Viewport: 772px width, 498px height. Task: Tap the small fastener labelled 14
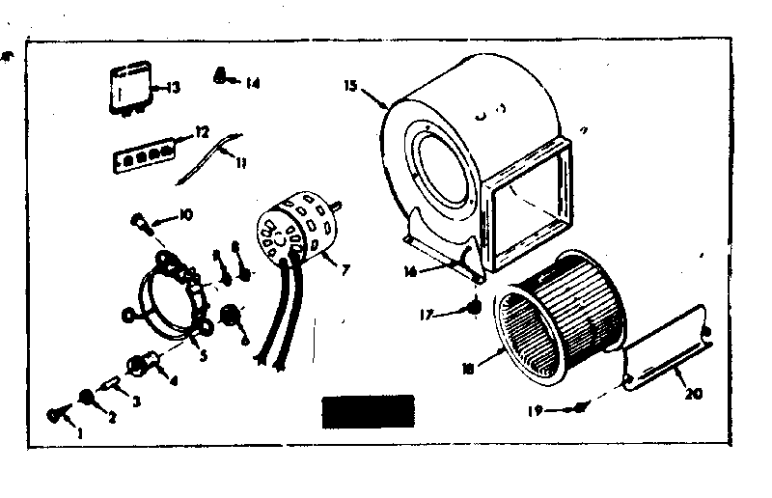point(221,75)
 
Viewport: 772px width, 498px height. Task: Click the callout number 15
point(351,87)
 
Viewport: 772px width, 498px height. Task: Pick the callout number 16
point(411,272)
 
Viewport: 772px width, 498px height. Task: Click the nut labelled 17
point(474,308)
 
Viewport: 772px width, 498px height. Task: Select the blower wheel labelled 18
point(560,318)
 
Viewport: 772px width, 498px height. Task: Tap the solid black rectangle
point(367,411)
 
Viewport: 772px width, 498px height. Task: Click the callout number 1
point(80,432)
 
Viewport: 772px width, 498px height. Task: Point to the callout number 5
point(203,353)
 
